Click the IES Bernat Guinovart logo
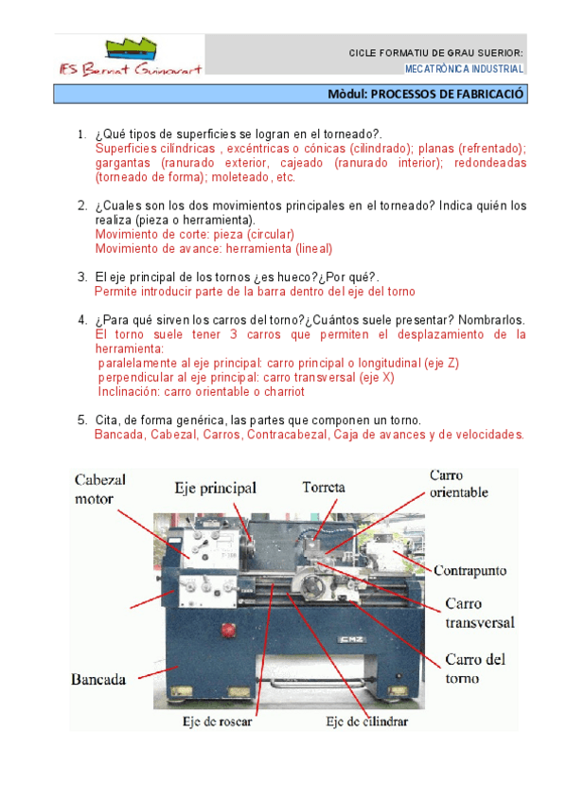130,56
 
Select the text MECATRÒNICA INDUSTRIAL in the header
464,68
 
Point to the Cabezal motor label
99,489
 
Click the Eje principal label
216,488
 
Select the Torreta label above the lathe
324,487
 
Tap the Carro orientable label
458,484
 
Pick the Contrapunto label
470,570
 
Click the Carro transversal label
480,613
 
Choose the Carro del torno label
475,669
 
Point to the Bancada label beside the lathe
98,680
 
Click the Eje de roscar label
217,722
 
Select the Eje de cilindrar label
367,722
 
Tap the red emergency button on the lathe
226,630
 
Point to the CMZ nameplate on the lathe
351,639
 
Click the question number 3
82,277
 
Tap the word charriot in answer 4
284,392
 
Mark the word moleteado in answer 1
240,177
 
